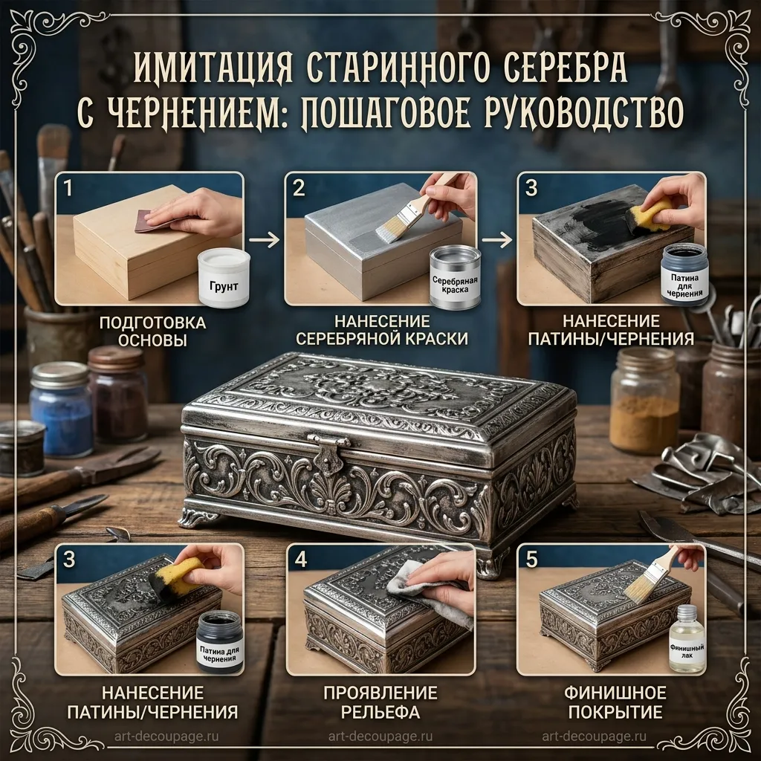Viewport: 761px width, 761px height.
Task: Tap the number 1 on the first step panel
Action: point(68,188)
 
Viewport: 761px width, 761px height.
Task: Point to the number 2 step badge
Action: point(299,188)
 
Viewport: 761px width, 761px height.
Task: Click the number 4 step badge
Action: point(301,559)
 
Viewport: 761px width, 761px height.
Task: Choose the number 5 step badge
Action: point(532,559)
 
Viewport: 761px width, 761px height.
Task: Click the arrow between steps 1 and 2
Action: point(264,239)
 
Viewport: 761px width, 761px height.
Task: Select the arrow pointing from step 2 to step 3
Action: point(497,239)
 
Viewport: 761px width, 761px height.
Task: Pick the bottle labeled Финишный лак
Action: point(687,638)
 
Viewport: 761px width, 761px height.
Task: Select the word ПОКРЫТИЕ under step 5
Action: point(615,712)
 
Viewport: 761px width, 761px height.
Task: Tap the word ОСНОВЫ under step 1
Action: point(152,340)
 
